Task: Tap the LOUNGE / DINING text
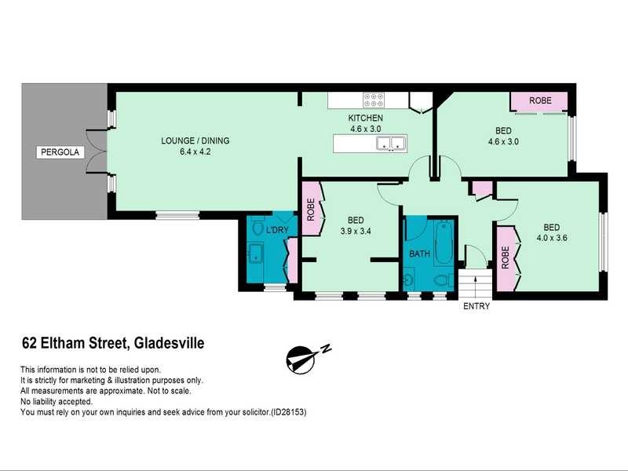(195, 141)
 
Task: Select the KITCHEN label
(366, 119)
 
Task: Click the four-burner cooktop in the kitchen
(374, 100)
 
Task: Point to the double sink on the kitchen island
(390, 144)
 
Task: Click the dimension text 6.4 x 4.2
(195, 152)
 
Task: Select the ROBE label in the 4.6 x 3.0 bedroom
(539, 101)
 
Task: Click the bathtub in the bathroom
(443, 243)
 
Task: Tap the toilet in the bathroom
(442, 279)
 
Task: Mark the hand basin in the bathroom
(409, 279)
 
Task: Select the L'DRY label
(277, 230)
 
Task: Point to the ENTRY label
(476, 306)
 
